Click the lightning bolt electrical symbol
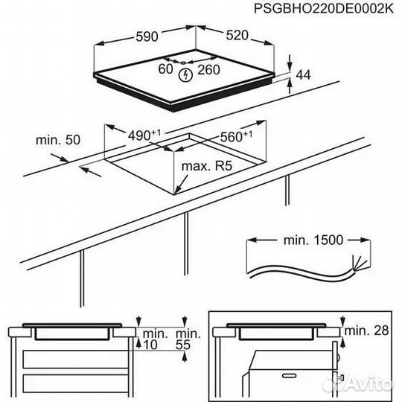point(187,74)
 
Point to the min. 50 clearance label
point(58,139)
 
